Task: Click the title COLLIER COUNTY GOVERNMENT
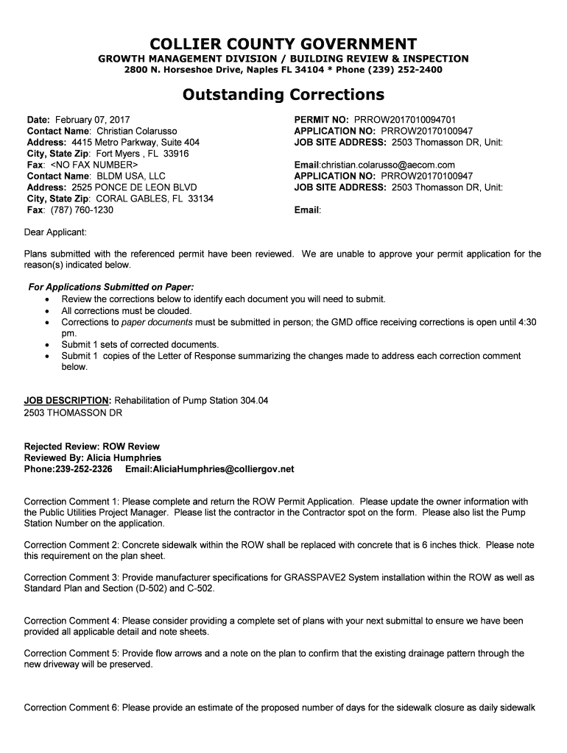point(283,44)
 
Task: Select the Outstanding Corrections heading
point(283,95)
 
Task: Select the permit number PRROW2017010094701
point(410,119)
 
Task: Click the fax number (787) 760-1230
point(82,210)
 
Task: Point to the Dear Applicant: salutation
point(55,232)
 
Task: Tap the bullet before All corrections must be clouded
point(48,311)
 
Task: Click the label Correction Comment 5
point(71,653)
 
